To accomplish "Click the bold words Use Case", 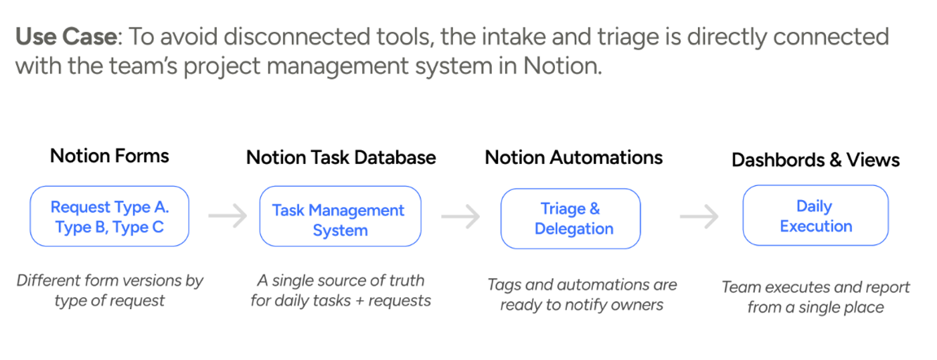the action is [x=66, y=36].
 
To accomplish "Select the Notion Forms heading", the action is [x=110, y=156].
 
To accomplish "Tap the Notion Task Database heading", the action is [x=341, y=158].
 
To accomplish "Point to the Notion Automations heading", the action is [x=574, y=158].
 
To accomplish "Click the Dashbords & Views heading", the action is [x=816, y=160].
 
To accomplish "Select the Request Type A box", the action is [x=110, y=216].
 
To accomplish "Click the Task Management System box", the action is [x=341, y=216].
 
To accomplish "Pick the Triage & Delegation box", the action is [x=570, y=218].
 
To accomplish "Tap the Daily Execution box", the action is [x=816, y=215].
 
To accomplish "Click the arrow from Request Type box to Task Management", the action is [x=228, y=215].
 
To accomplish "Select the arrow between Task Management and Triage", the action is [x=460, y=216].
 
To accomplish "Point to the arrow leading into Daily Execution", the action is [x=699, y=216].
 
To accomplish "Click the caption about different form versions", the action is [x=110, y=290].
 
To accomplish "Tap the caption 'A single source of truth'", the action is [x=341, y=290].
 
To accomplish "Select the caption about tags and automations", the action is [x=582, y=295].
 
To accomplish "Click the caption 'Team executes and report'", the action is [x=816, y=297].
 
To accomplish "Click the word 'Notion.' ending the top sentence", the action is [x=563, y=66].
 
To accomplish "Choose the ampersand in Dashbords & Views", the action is [x=836, y=160].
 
